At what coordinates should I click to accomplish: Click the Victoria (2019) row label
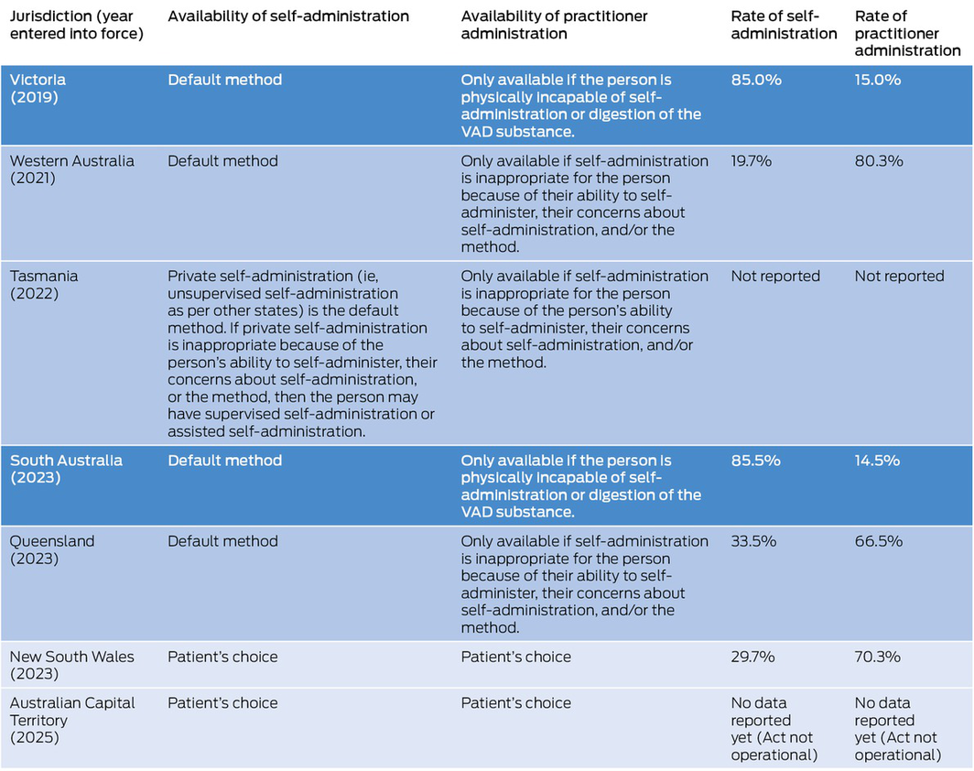tap(38, 88)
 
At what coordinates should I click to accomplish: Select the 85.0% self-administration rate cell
tap(756, 80)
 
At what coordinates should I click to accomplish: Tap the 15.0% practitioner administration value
tap(878, 80)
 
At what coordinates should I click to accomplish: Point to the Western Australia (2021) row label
tap(71, 169)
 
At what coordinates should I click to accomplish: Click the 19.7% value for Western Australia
tap(752, 161)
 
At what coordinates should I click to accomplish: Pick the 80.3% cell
tap(879, 161)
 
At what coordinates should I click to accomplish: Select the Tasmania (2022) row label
tap(43, 285)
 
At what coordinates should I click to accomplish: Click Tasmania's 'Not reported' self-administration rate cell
tap(775, 277)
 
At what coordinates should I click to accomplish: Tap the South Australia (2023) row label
tap(66, 469)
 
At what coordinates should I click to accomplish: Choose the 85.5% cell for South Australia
tap(756, 461)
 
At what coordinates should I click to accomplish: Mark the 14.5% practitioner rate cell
tap(878, 461)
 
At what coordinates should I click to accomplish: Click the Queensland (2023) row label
tap(52, 549)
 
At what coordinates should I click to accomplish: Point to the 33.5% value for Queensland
tap(753, 541)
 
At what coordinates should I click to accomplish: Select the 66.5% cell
tap(879, 541)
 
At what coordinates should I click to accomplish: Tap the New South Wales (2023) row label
tap(71, 665)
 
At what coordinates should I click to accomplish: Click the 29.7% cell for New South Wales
tap(753, 657)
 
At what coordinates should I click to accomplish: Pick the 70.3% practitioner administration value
tap(878, 657)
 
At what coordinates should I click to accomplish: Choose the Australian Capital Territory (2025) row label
tap(72, 720)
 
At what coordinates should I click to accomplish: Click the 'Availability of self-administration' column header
tap(288, 16)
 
